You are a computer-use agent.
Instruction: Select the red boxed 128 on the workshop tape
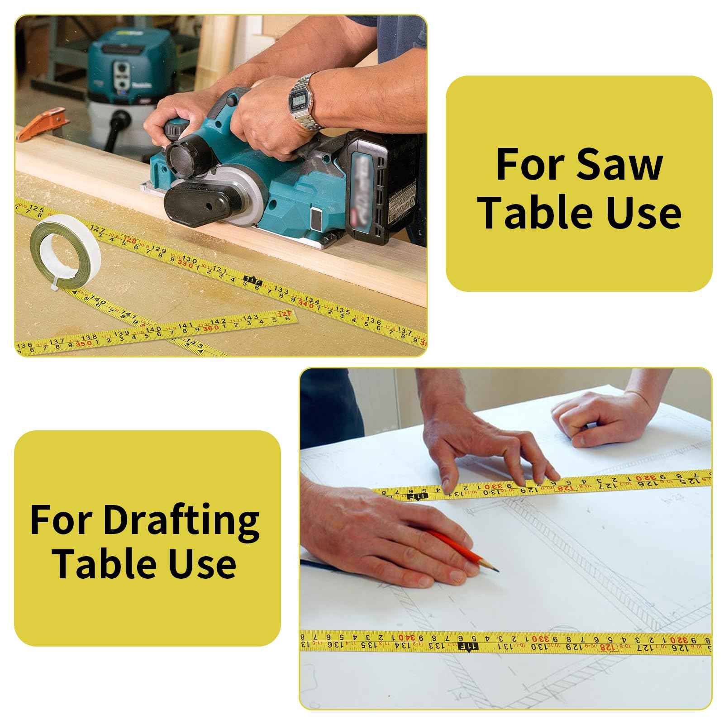point(130,240)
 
